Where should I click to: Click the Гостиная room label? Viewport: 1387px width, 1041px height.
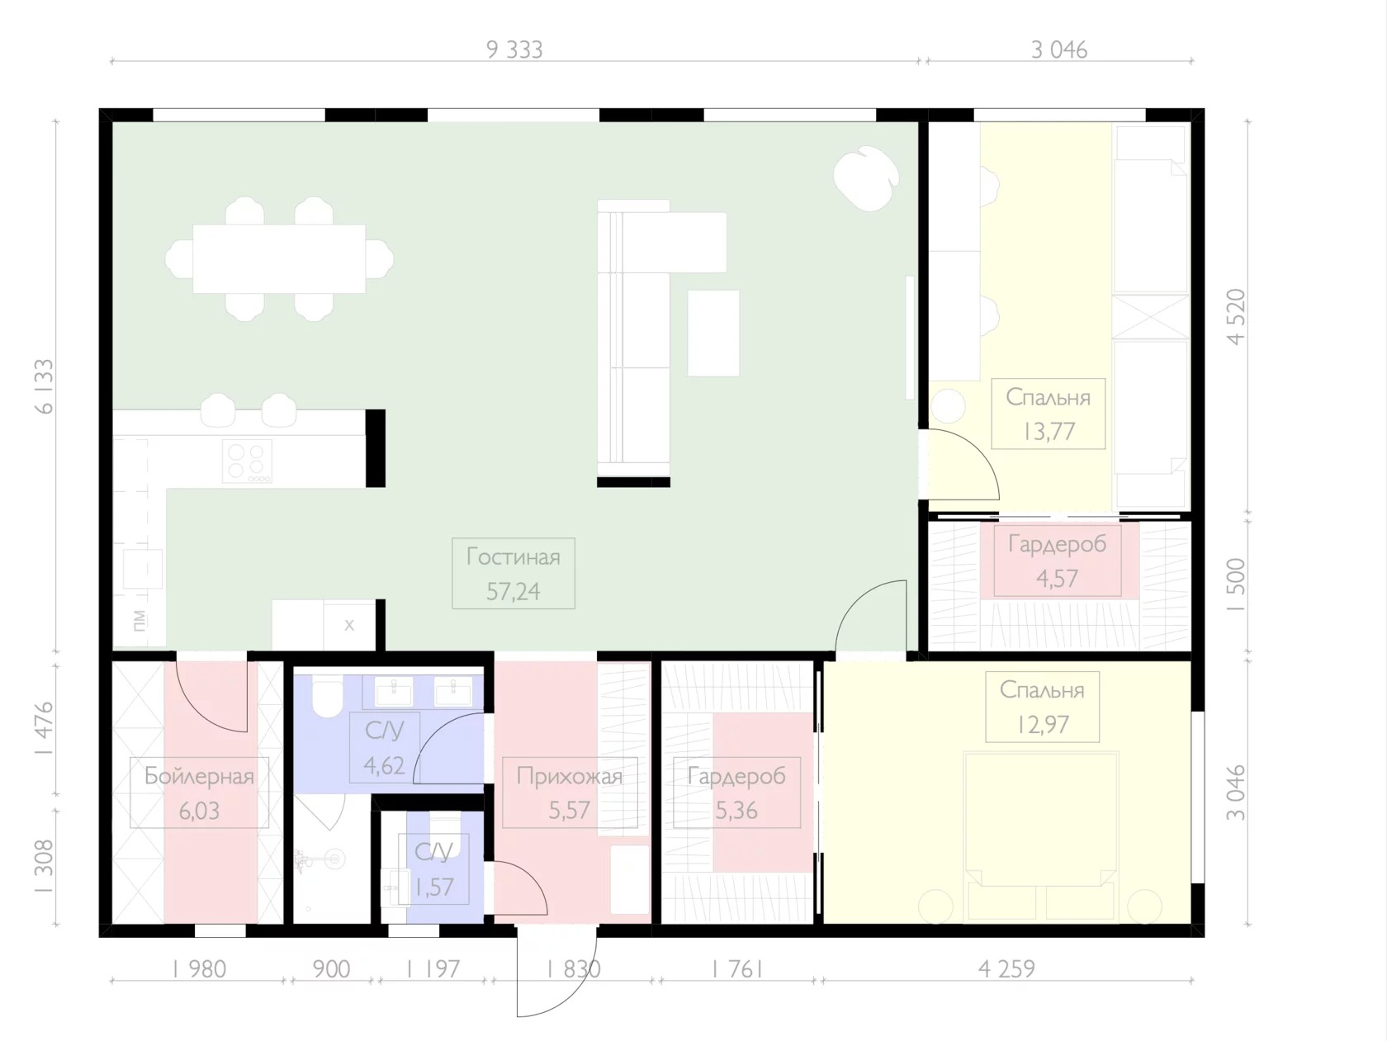513,557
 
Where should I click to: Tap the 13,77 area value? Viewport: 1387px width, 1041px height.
1049,432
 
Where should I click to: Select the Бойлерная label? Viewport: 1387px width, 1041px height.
199,776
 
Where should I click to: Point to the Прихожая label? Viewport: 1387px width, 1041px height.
570,776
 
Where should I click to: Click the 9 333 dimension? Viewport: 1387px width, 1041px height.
514,50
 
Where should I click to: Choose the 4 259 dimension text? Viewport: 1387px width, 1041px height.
1006,969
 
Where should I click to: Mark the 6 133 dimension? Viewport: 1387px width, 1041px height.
45,386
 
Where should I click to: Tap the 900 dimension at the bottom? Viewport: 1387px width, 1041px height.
331,969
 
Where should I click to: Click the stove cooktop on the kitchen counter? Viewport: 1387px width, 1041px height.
247,461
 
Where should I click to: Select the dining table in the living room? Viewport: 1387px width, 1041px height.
279,259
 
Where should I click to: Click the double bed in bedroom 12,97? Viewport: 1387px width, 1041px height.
1041,836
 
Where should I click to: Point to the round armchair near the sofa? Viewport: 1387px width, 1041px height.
866,177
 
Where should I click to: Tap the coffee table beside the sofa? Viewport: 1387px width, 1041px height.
713,334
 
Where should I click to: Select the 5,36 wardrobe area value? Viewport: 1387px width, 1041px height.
736,811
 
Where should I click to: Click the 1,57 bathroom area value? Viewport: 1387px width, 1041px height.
433,887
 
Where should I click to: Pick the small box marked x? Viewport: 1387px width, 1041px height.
348,625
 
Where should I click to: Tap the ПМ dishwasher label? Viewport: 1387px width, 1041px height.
140,620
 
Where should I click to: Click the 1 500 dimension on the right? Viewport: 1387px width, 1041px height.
1236,584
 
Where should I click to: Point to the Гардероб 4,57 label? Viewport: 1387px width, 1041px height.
1057,561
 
